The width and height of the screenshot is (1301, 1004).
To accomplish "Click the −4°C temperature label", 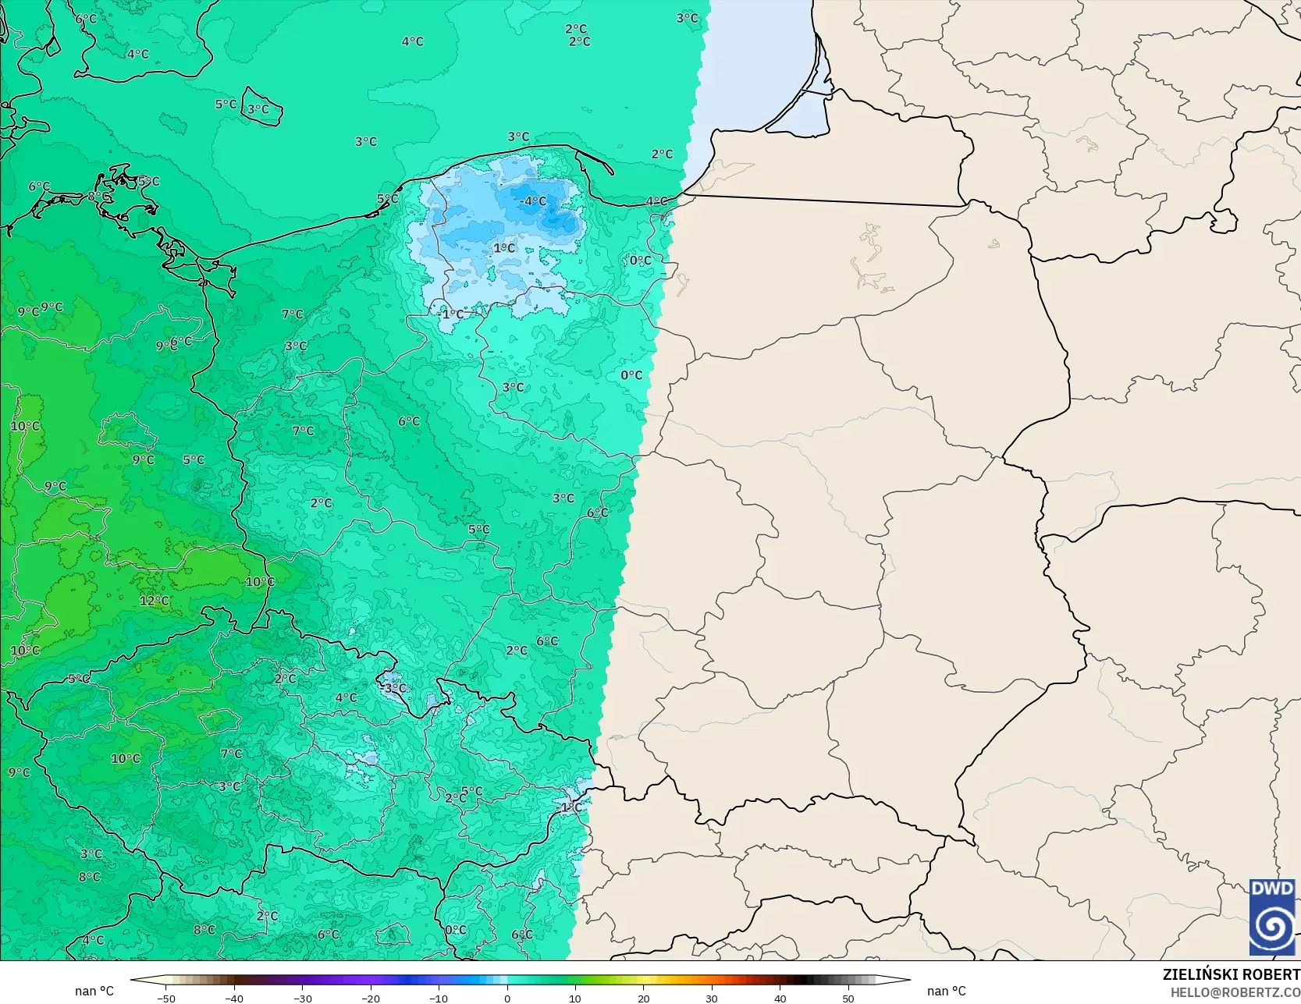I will point(533,201).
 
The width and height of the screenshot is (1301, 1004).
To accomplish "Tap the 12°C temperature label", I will point(155,601).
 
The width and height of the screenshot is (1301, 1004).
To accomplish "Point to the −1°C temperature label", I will point(450,314).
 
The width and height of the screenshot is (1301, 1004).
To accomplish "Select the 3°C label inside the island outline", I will point(258,109).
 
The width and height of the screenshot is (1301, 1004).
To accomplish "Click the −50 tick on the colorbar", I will point(165,998).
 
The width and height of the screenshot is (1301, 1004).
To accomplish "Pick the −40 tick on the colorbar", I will point(234,998).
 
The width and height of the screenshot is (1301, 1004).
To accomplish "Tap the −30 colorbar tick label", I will point(302,998).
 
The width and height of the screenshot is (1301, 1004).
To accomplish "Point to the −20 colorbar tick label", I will point(371,998).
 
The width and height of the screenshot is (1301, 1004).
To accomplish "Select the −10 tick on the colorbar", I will point(439,998).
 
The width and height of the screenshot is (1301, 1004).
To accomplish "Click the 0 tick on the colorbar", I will point(507,998).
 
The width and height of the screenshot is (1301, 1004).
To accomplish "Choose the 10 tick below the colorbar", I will point(575,998).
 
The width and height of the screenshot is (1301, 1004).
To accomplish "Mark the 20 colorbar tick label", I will point(643,998).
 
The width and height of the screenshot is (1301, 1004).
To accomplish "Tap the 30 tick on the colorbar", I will point(712,998).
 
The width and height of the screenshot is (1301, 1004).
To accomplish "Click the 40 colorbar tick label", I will point(780,998).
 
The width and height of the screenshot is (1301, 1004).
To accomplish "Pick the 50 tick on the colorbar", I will point(848,998).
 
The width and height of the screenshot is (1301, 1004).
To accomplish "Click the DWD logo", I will point(1271,917).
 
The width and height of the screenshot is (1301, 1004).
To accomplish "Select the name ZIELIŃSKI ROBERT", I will point(1231,974).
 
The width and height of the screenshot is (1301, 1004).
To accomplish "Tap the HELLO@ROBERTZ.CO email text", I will point(1235,992).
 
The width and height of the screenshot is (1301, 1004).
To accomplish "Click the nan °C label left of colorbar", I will point(94,991).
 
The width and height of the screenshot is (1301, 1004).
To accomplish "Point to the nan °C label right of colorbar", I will point(946,991).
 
